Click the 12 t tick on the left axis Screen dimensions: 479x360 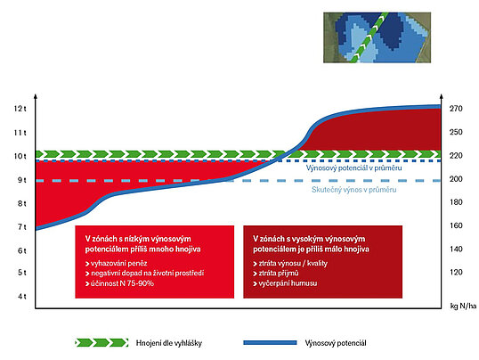20,109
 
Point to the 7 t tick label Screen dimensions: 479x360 22,227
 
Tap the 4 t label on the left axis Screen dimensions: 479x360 22,296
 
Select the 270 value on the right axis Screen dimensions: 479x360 456,109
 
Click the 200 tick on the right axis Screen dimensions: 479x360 456,179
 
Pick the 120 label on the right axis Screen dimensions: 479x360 456,272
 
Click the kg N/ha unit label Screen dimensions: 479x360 463,306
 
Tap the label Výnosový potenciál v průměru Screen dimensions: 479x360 353,168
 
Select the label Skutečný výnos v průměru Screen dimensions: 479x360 354,190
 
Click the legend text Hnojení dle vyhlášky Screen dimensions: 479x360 169,343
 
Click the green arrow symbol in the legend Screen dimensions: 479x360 101,342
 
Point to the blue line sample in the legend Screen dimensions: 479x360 270,343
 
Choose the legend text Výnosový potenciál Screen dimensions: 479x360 336,343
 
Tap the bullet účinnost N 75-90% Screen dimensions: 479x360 119,283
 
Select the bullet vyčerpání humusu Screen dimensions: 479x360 285,283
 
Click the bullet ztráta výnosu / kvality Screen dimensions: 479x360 290,264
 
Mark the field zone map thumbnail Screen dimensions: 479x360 377,37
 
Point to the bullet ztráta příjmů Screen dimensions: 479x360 276,274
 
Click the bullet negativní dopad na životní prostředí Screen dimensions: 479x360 144,274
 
